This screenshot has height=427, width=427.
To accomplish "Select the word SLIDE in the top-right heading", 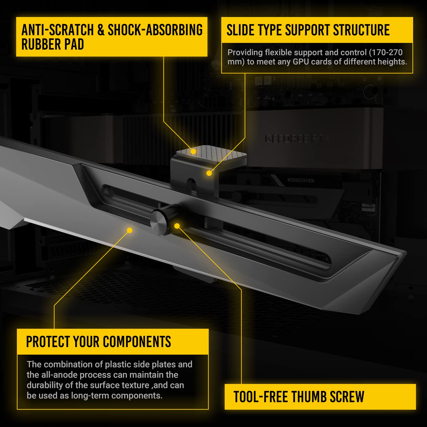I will pos(240,30).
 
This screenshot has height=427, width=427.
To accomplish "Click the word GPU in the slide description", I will pos(301,62).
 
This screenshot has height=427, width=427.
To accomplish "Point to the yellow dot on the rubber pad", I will pos(193,151).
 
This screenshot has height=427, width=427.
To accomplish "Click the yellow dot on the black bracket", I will pos(209,173).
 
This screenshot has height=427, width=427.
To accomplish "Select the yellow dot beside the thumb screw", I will pos(177,226).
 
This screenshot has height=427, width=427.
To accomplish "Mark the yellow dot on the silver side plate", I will pos(130,230).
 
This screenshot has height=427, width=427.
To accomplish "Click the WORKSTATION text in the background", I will pos(301,180).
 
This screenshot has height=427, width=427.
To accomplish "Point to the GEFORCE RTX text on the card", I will pos(297,139).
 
